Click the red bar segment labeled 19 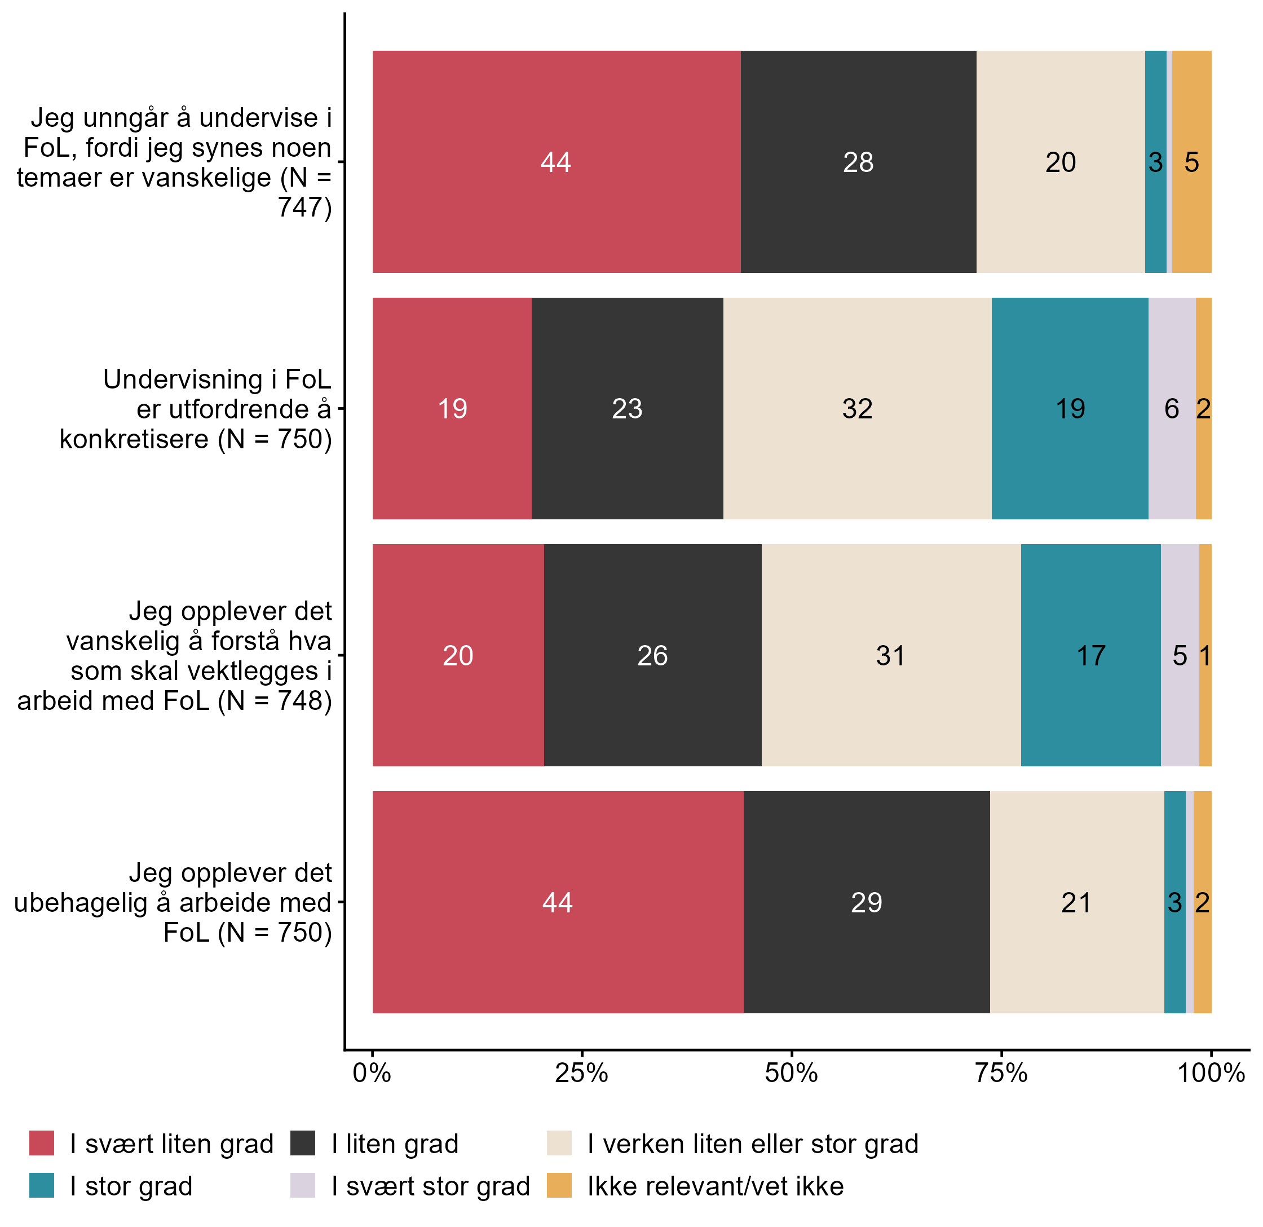click(452, 409)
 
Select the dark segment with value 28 click(858, 162)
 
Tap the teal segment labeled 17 click(1090, 655)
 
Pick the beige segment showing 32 click(857, 409)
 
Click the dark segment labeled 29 click(866, 902)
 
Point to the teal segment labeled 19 click(1070, 409)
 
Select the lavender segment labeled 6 click(1172, 409)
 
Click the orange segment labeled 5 click(1191, 162)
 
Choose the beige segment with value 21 click(1076, 902)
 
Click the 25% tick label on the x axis click(581, 1074)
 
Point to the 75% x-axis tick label click(1001, 1074)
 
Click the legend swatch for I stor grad click(42, 1186)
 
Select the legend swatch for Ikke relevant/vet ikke click(559, 1186)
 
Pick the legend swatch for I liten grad click(303, 1144)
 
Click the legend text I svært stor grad click(430, 1186)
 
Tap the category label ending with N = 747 click(174, 162)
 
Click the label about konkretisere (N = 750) click(195, 409)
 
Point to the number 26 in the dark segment click(652, 655)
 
